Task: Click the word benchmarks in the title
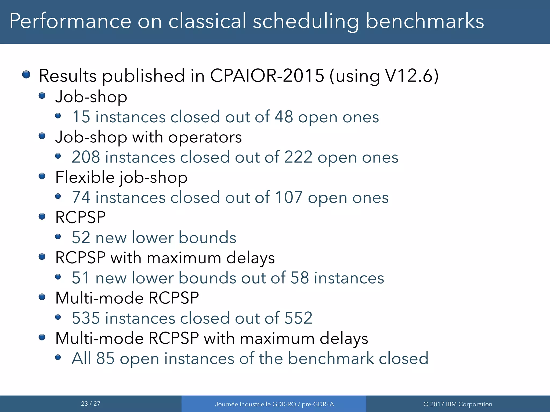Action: click(x=425, y=21)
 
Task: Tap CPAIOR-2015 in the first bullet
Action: click(x=267, y=76)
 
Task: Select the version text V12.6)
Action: click(x=412, y=76)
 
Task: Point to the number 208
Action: click(x=86, y=157)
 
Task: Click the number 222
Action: click(x=298, y=157)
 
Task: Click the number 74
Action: click(x=81, y=198)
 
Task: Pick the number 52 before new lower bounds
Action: click(x=81, y=238)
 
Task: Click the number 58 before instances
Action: click(x=299, y=278)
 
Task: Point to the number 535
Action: click(x=86, y=318)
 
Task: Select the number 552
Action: click(x=298, y=318)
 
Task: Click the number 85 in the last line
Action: click(x=105, y=359)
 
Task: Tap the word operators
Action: click(x=205, y=137)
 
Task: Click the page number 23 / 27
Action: click(x=91, y=404)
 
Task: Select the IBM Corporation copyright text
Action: click(x=458, y=404)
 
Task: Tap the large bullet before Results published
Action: click(x=26, y=74)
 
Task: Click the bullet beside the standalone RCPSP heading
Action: click(x=42, y=216)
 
